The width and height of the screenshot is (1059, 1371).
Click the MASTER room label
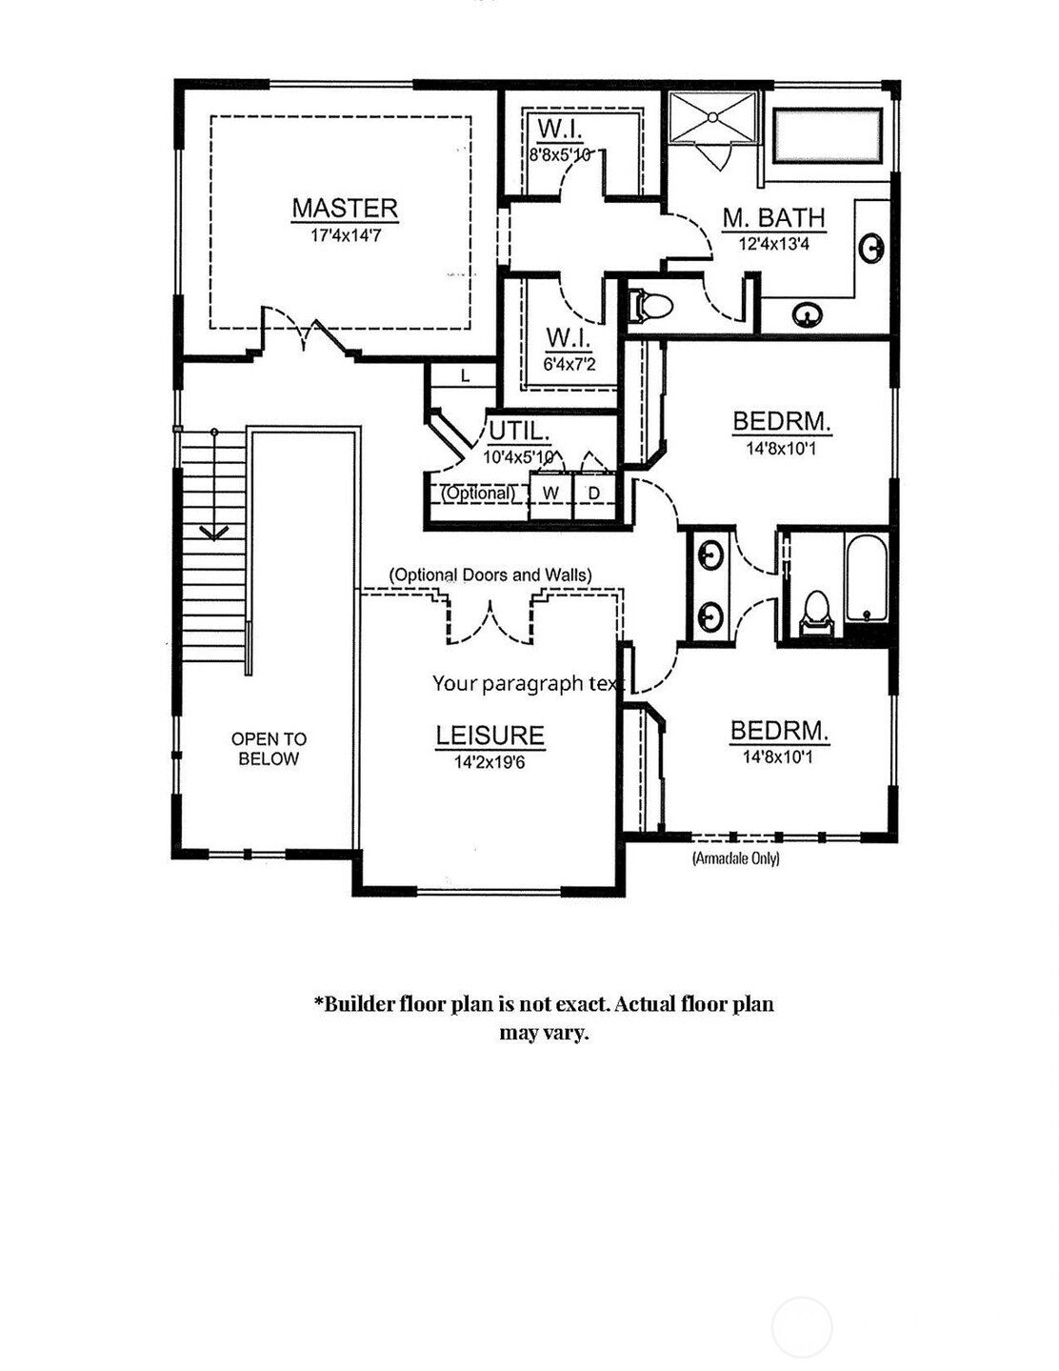345,208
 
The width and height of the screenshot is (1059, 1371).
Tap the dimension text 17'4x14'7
345,235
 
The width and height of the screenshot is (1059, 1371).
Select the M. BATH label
772,218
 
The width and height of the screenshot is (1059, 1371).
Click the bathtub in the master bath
827,135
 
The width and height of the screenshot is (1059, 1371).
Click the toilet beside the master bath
652,306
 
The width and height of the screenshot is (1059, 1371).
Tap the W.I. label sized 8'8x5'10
560,130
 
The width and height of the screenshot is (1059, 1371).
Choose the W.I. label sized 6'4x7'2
569,338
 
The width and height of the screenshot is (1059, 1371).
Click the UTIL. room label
519,431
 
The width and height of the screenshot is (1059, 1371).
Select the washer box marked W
550,494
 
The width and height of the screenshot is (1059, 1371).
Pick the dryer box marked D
594,494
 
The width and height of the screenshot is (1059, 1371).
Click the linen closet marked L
465,376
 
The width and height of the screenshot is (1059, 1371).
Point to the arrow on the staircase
214,530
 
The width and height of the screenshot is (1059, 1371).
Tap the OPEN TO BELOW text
269,749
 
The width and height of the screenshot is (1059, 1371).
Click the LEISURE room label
490,736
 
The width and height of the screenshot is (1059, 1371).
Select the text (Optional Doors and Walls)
490,575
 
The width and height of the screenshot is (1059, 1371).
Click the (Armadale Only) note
735,858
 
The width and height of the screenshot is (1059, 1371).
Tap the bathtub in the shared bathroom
866,577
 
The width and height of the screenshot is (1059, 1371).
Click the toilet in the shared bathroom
816,612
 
